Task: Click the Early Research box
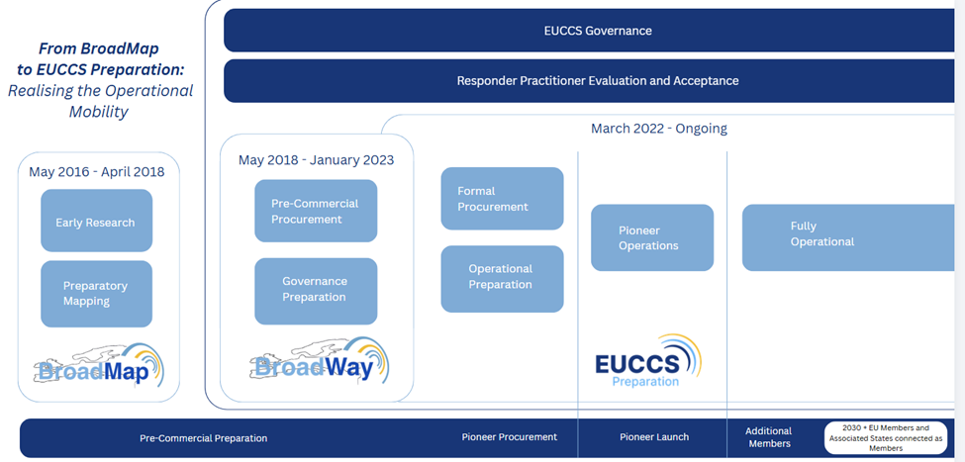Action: pyautogui.click(x=97, y=221)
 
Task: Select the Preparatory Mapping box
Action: pyautogui.click(x=97, y=294)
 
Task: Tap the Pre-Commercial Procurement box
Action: pyautogui.click(x=316, y=211)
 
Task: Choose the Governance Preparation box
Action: pyautogui.click(x=316, y=291)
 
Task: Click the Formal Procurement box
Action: pyautogui.click(x=502, y=199)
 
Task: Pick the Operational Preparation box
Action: pyautogui.click(x=502, y=279)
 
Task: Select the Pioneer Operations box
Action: pyautogui.click(x=652, y=237)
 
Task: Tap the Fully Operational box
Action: pyautogui.click(x=848, y=237)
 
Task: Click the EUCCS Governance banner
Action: pyautogui.click(x=589, y=30)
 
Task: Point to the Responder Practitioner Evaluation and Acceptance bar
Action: pyautogui.click(x=589, y=80)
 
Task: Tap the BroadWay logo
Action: pyautogui.click(x=320, y=360)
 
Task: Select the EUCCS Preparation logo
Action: pyautogui.click(x=647, y=361)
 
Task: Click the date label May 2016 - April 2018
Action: pyautogui.click(x=97, y=171)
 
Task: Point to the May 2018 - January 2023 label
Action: pyautogui.click(x=317, y=160)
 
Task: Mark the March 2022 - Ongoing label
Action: pyautogui.click(x=659, y=129)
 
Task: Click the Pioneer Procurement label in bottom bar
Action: pyautogui.click(x=510, y=437)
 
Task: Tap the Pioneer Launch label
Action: pyautogui.click(x=654, y=437)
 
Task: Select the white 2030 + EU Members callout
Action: pyautogui.click(x=886, y=437)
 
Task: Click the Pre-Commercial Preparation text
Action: pyautogui.click(x=204, y=438)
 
